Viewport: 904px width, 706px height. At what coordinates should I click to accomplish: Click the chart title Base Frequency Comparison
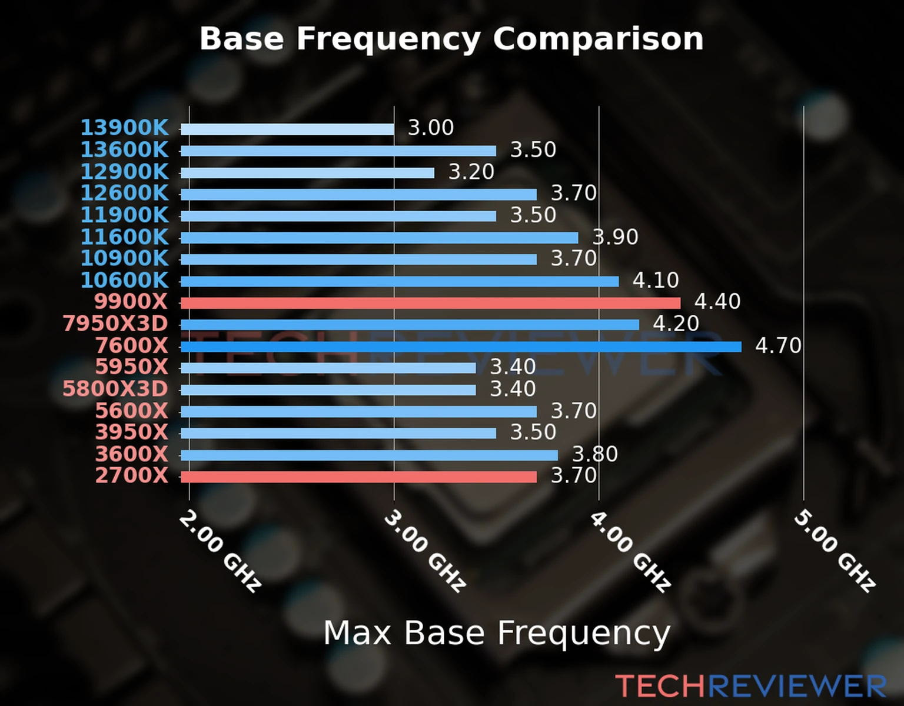tap(451, 39)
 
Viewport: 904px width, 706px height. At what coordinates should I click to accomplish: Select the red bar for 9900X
tap(430, 303)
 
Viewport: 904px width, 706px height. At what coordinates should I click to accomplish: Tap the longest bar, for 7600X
tap(461, 347)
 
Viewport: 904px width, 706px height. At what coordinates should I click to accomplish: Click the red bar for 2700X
tap(358, 477)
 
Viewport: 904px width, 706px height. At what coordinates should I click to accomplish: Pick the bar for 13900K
tap(287, 129)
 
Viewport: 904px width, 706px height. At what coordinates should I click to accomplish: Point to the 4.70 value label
tap(778, 345)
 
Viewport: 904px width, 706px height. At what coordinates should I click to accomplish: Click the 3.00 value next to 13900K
tap(431, 128)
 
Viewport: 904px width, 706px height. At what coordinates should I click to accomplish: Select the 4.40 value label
tap(717, 302)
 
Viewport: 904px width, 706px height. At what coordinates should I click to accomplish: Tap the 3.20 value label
tap(471, 172)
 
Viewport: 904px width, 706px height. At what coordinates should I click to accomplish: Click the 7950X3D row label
tap(115, 324)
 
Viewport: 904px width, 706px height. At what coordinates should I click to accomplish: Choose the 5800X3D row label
tap(115, 389)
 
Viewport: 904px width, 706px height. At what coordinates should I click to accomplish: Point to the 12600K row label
tap(124, 193)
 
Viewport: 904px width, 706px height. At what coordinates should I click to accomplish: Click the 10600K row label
tap(124, 280)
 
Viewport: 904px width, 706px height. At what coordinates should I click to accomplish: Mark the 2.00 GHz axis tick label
tap(220, 551)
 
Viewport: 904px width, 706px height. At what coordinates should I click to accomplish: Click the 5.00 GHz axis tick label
tap(835, 551)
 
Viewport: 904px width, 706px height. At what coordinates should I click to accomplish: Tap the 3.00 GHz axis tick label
tap(425, 551)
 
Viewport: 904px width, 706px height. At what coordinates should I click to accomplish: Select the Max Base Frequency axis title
tap(497, 633)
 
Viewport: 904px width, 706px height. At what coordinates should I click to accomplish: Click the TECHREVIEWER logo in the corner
tap(750, 686)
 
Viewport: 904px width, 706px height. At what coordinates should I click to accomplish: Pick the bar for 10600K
tap(400, 281)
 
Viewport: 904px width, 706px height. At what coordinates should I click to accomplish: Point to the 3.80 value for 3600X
tap(595, 454)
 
